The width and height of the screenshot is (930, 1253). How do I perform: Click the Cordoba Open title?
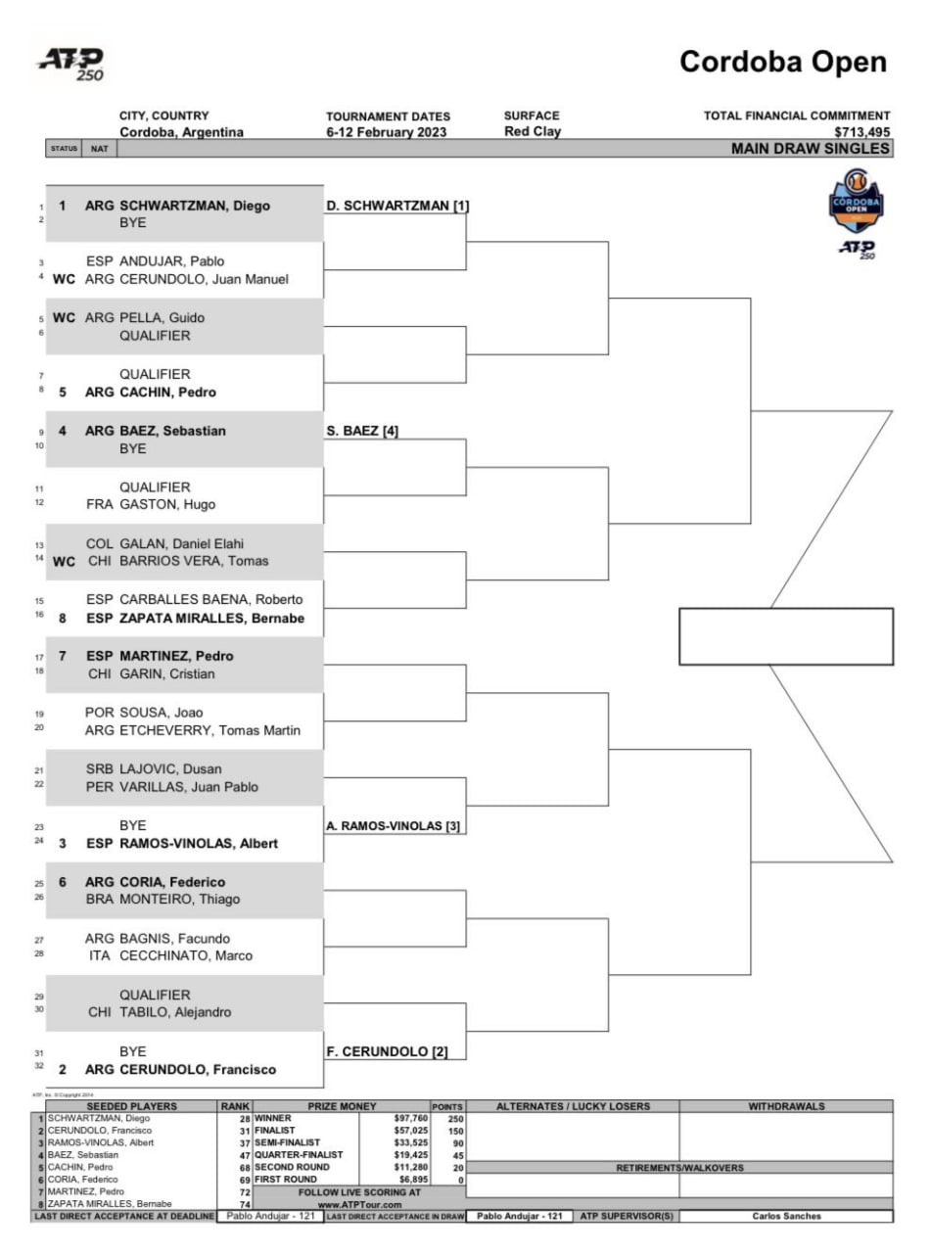[x=783, y=63]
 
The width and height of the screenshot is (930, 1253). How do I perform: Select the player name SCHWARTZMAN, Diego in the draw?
[x=194, y=206]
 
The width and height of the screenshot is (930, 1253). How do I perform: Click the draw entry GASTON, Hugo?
[x=167, y=505]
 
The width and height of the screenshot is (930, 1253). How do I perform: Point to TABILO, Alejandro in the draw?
[x=175, y=1012]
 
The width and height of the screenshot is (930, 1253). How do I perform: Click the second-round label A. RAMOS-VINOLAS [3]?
[x=393, y=825]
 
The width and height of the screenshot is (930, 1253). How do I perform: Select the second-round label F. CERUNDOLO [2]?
[x=387, y=1051]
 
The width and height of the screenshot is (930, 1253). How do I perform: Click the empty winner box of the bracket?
[x=785, y=636]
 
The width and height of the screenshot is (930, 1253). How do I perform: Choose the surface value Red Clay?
[x=533, y=132]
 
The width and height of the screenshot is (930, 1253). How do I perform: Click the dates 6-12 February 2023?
[x=387, y=132]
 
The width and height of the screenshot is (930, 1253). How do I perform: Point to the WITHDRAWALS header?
[x=785, y=1106]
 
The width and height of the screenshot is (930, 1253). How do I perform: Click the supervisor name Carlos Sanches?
[x=785, y=1216]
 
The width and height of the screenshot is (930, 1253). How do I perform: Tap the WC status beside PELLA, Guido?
[x=64, y=317]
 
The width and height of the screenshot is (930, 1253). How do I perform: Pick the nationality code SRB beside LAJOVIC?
[x=100, y=768]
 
